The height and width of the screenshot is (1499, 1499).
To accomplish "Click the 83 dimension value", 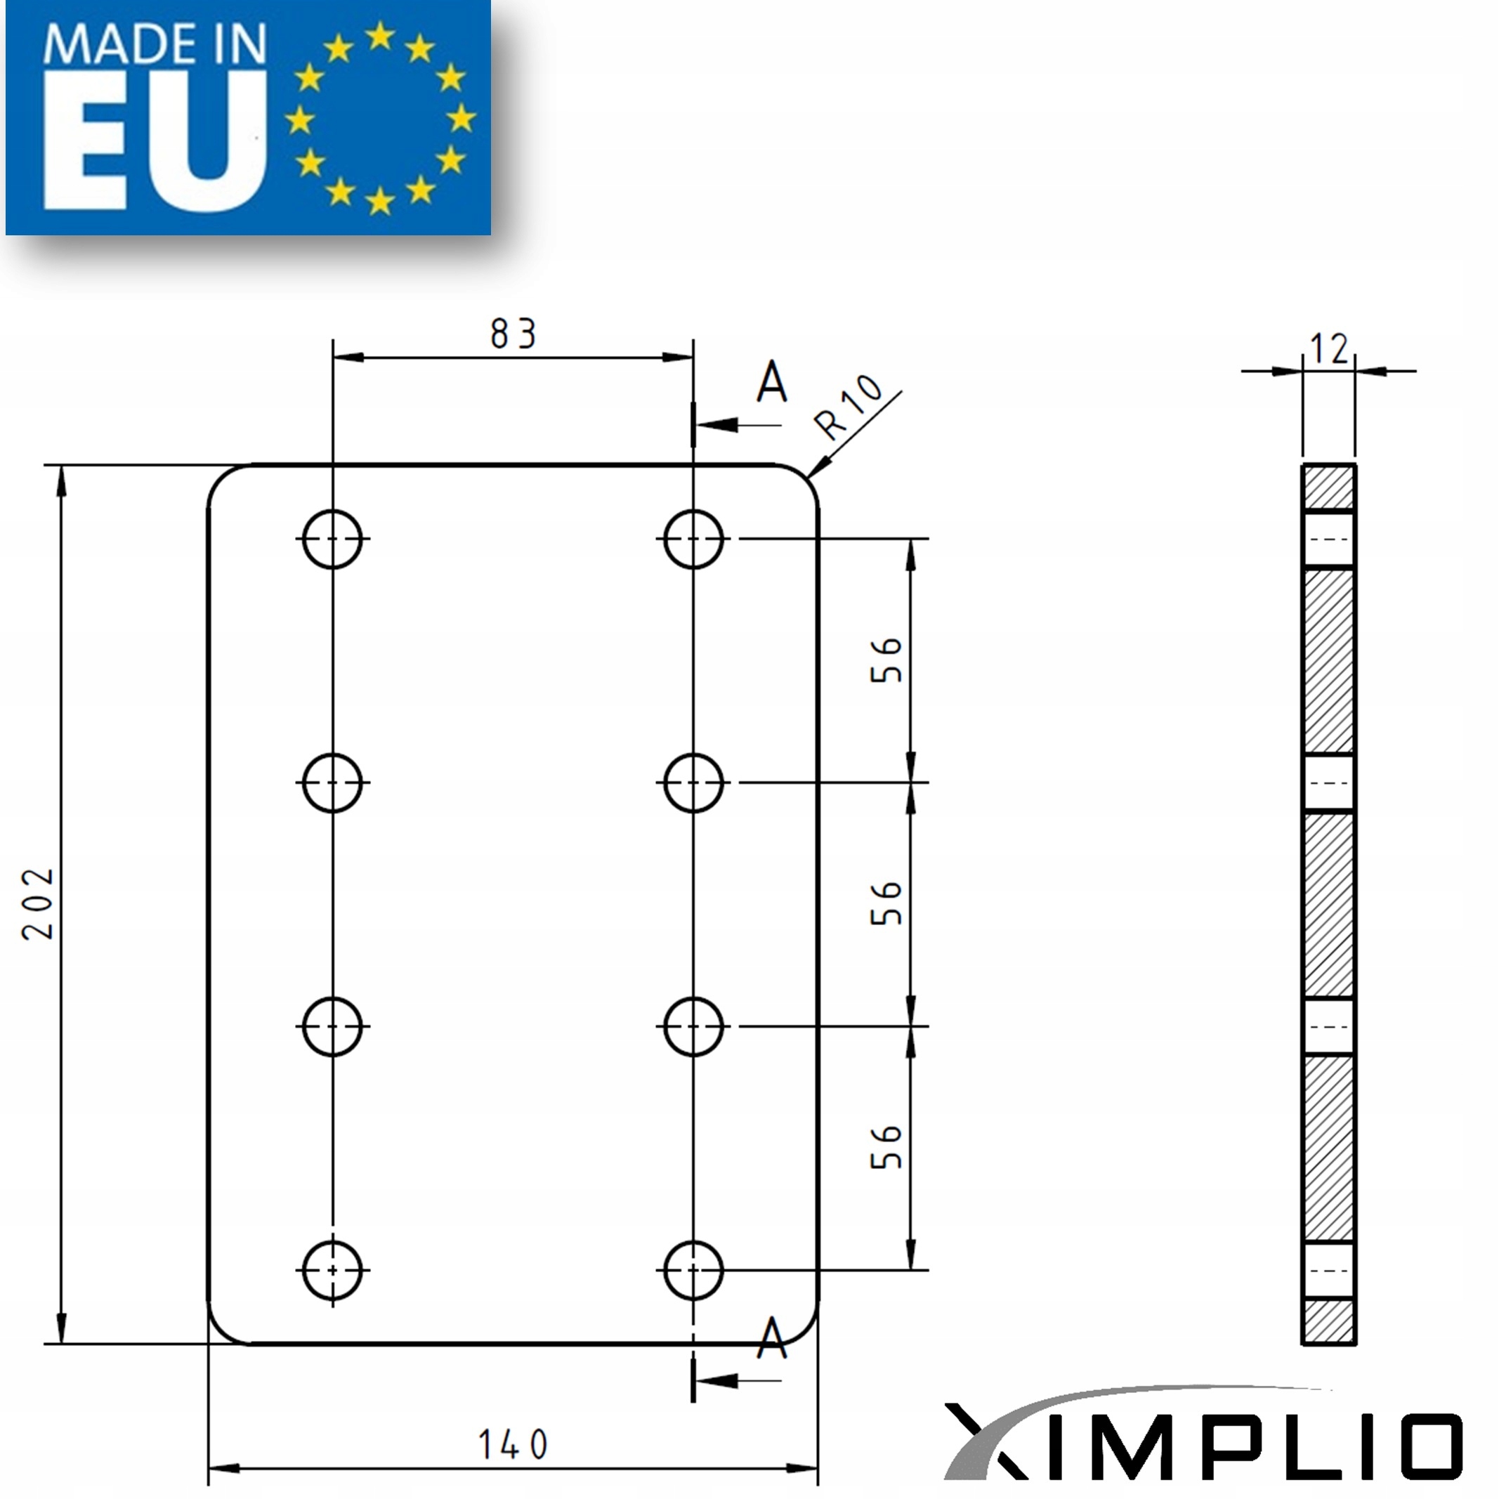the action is tap(513, 334).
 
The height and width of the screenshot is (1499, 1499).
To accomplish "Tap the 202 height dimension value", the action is tap(38, 904).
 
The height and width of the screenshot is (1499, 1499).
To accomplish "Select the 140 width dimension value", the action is tap(513, 1444).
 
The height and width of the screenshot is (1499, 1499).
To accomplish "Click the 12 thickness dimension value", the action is tap(1329, 348).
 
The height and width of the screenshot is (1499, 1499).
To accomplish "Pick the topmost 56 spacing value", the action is tap(886, 660).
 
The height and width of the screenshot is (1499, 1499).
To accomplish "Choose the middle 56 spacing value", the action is tap(886, 903).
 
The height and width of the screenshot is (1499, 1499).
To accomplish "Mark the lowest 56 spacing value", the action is tap(886, 1147).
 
